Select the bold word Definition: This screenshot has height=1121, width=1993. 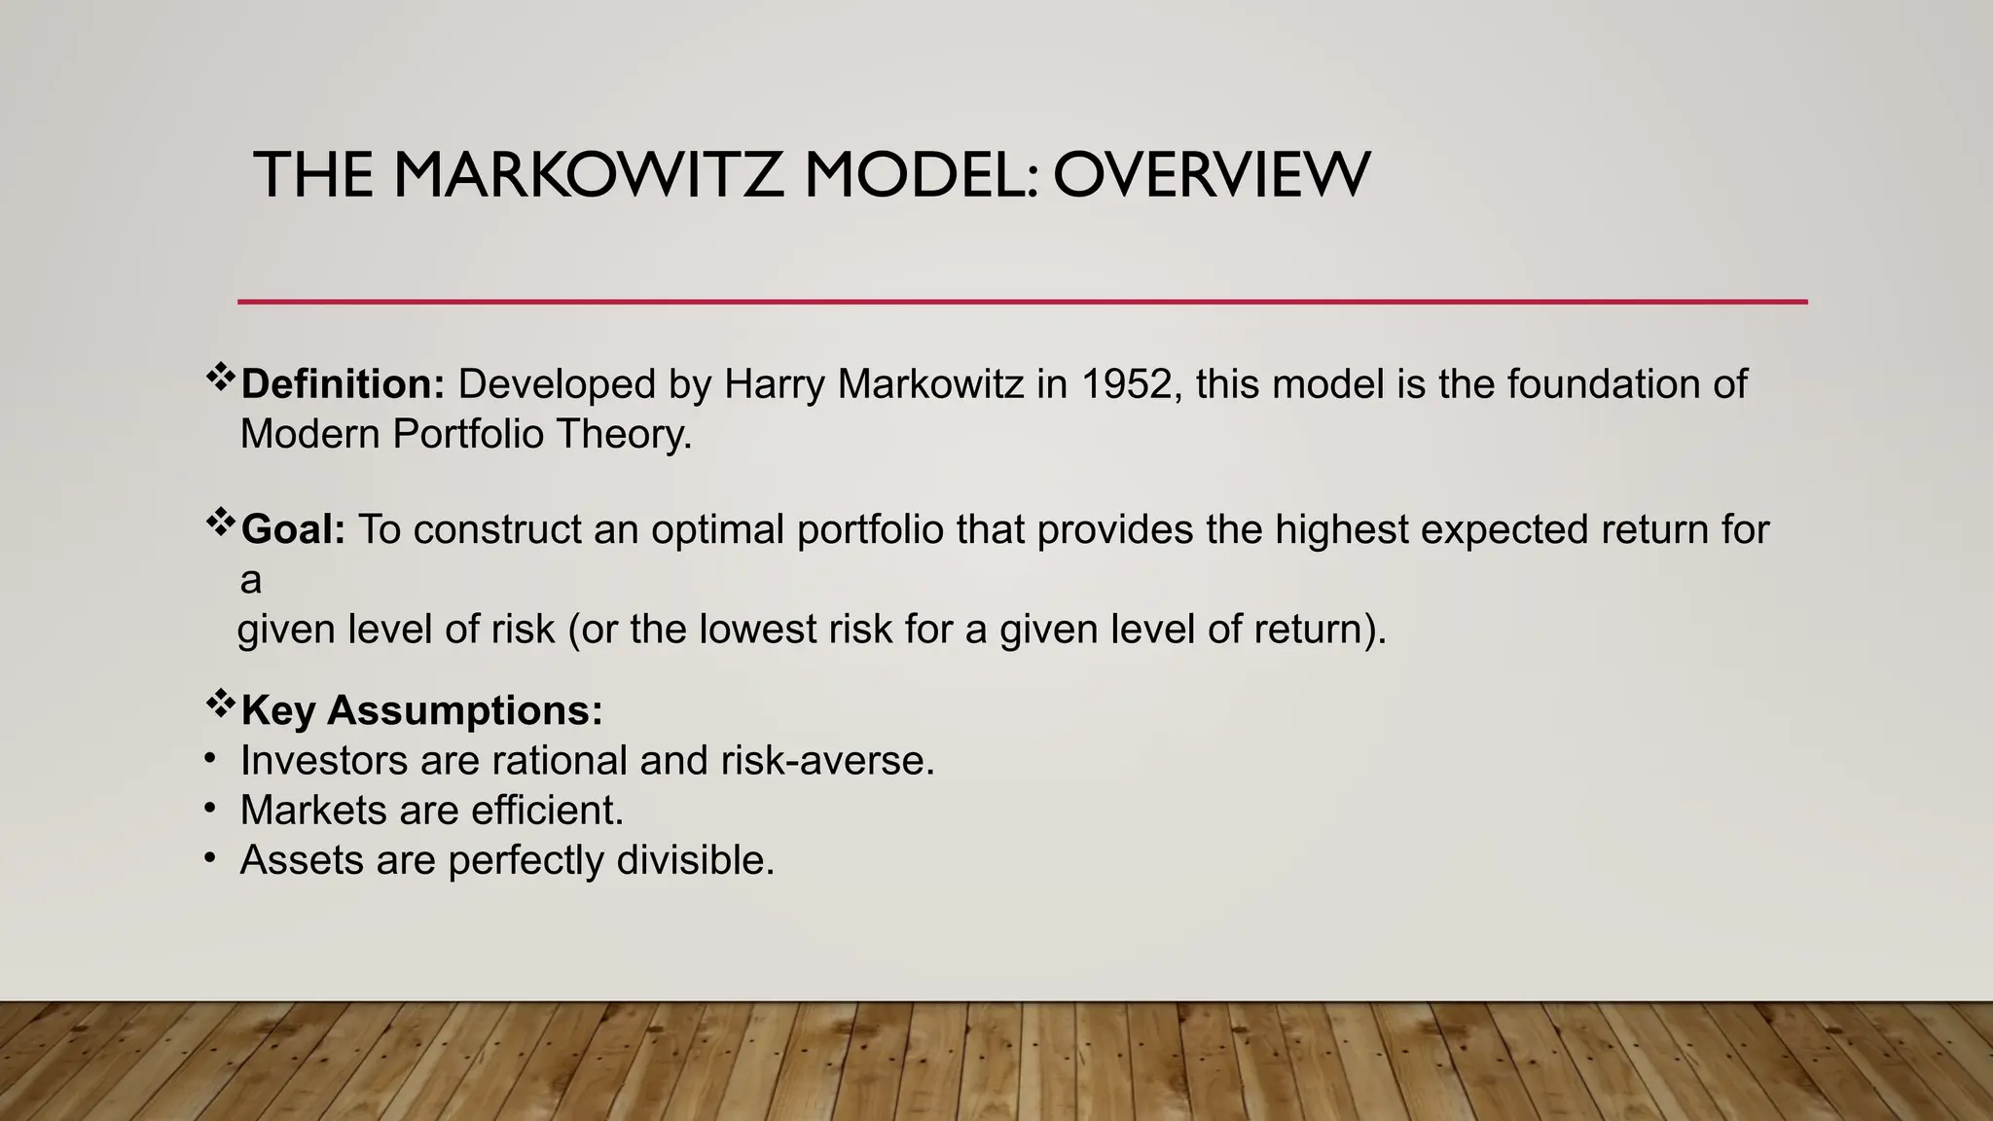click(x=343, y=384)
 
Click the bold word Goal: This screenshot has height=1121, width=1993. click(x=293, y=529)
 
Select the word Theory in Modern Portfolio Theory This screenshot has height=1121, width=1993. click(x=623, y=434)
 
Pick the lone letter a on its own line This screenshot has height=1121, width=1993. click(x=251, y=581)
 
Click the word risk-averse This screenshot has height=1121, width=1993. click(x=827, y=760)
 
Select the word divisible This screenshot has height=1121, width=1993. click(x=696, y=860)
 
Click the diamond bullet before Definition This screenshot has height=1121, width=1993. click(x=221, y=377)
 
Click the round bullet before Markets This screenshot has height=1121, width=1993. click(x=209, y=809)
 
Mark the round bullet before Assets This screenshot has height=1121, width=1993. click(x=209, y=858)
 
